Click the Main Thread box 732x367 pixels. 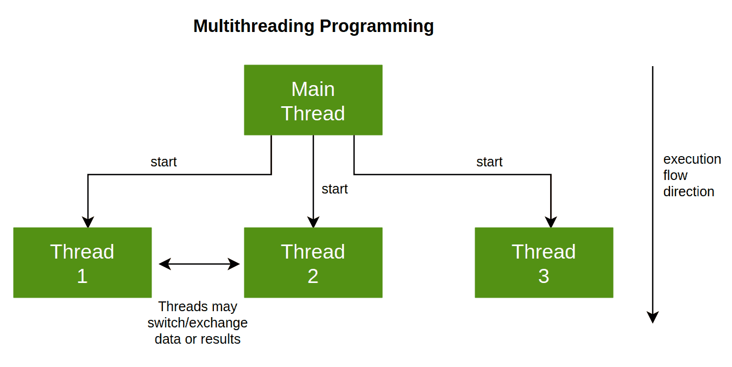point(313,100)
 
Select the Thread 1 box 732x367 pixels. point(82,263)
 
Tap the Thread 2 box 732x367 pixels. point(313,263)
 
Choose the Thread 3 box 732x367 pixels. point(544,263)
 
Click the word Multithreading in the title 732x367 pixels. point(254,26)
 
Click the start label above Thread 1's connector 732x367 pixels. point(163,162)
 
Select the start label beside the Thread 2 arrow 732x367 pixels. point(335,189)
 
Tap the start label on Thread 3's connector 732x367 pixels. point(489,162)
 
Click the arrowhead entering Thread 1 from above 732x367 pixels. point(88,222)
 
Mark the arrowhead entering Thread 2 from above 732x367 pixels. point(313,222)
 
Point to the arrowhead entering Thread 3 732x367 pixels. point(551,222)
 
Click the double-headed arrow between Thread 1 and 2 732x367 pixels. point(199,264)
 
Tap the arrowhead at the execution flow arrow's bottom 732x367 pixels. point(653,317)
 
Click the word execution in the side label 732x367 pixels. point(692,159)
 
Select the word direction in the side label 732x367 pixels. point(689,191)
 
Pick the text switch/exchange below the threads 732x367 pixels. point(198,323)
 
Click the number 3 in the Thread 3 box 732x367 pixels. point(544,276)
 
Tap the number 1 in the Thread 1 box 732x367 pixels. point(82,276)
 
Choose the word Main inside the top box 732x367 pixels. point(313,89)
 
